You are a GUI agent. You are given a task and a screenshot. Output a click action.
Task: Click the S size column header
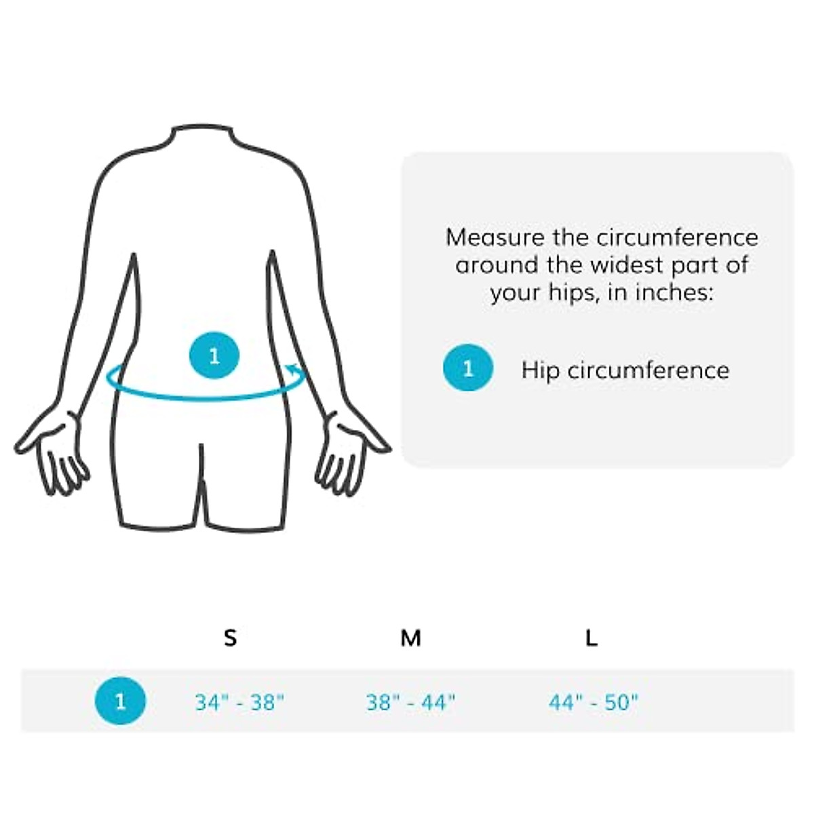(231, 638)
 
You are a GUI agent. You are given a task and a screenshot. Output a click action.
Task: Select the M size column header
(410, 638)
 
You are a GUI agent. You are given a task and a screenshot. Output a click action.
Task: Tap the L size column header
(592, 638)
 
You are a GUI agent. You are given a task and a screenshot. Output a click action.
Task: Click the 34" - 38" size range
(239, 702)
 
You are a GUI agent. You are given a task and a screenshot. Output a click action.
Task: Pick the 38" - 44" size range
(410, 702)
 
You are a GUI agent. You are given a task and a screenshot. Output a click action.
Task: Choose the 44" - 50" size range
(594, 702)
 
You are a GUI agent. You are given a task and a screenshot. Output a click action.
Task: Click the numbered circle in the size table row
(120, 701)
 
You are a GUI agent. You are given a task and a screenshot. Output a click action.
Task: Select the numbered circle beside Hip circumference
(468, 368)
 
